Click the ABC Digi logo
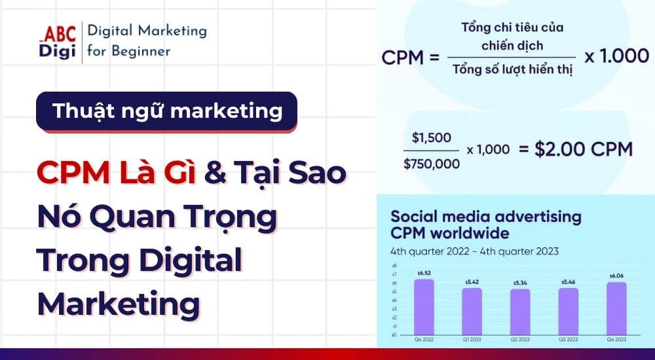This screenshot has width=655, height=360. tap(58, 41)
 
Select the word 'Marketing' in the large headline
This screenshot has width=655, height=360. tap(118, 303)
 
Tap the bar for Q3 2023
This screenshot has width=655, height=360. tap(568, 311)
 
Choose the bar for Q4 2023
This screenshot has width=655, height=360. tap(616, 308)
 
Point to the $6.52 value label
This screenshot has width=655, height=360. tap(424, 274)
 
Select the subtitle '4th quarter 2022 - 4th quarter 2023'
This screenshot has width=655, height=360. tap(475, 251)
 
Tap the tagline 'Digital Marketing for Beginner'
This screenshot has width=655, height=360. tap(147, 41)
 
